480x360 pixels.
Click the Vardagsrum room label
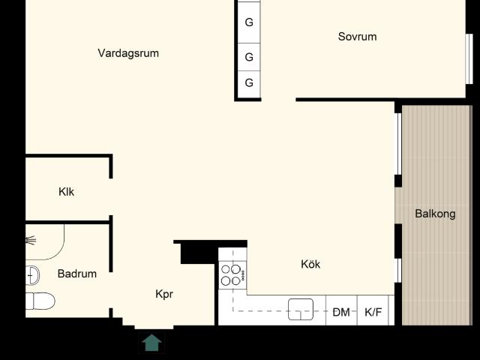[128, 53]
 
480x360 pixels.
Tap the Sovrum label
[357, 37]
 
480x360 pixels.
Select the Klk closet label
[67, 192]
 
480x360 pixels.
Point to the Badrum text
[76, 274]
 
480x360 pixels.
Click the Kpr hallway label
[164, 294]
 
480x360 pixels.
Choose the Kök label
[310, 264]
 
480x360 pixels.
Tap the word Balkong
[435, 214]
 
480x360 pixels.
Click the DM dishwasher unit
[341, 312]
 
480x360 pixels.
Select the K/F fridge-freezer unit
[373, 312]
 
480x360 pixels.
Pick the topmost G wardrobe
[249, 22]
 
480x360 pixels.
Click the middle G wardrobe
[249, 56]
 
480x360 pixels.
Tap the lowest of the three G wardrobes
[249, 82]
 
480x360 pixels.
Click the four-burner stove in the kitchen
[232, 275]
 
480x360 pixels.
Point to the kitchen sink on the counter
[301, 309]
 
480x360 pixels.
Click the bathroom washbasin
[31, 274]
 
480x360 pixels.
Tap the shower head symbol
[31, 240]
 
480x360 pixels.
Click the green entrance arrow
[152, 343]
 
